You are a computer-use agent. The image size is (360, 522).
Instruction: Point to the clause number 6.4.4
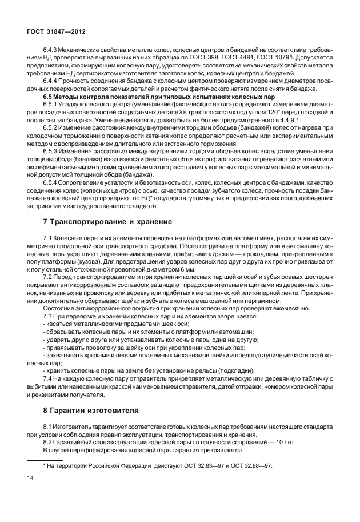[51, 80]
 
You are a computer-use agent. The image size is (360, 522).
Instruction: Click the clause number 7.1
[49, 237]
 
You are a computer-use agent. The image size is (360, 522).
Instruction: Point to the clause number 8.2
[49, 443]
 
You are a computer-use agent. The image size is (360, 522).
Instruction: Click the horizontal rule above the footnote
[45, 459]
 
